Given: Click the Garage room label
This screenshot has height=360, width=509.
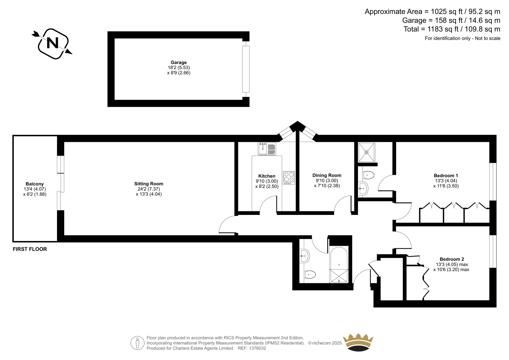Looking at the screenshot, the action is point(178,62).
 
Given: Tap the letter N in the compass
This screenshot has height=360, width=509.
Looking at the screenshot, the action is point(52,43).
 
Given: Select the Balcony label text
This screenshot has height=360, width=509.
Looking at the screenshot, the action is point(35,184).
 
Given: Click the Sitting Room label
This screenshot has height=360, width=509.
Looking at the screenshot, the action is point(149,184).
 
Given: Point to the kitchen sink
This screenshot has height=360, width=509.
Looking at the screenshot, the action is point(267,149).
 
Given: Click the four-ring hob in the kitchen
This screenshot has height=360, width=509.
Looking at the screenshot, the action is point(289,178).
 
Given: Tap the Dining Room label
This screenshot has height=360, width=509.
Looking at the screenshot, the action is point(327,175).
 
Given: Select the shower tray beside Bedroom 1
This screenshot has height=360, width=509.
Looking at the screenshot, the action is point(366,152).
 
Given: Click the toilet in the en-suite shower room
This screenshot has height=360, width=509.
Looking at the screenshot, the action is point(368,175).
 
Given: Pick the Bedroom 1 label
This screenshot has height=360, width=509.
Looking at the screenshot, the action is point(446,176).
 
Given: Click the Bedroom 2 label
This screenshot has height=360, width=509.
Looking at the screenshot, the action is point(452,259).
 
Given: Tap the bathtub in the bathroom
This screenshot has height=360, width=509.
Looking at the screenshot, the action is point(339,265).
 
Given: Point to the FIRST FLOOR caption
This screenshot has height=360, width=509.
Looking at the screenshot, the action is point(30,249).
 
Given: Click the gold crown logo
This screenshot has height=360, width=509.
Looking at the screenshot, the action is point(358,342).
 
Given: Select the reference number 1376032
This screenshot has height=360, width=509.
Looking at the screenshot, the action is point(257,348).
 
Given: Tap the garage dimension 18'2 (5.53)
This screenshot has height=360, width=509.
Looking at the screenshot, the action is point(178,67).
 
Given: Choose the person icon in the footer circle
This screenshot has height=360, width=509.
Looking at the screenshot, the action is point(137,343).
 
